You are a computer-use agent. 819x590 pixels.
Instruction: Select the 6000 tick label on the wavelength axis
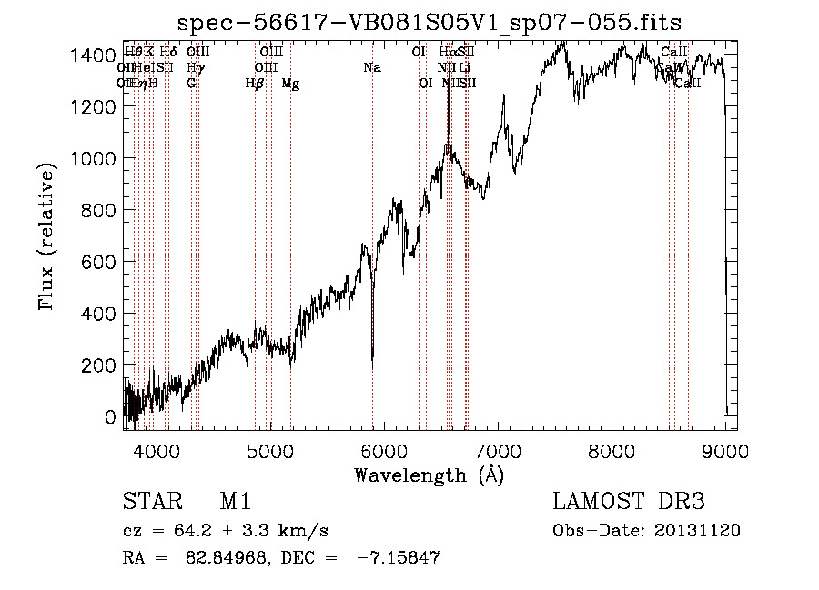pyautogui.click(x=384, y=451)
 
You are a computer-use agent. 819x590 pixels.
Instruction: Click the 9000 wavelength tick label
pyautogui.click(x=726, y=451)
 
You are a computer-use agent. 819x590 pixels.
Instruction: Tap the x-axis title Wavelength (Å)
pyautogui.click(x=429, y=475)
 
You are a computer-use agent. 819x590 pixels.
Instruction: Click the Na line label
pyautogui.click(x=371, y=67)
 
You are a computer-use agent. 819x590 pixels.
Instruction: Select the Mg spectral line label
pyautogui.click(x=290, y=84)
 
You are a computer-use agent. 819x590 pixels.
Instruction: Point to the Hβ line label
pyautogui.click(x=255, y=84)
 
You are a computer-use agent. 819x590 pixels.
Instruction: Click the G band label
pyautogui.click(x=191, y=84)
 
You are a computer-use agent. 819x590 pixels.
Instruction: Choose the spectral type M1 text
pyautogui.click(x=235, y=502)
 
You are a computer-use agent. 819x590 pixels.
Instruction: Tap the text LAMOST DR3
pyautogui.click(x=629, y=502)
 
